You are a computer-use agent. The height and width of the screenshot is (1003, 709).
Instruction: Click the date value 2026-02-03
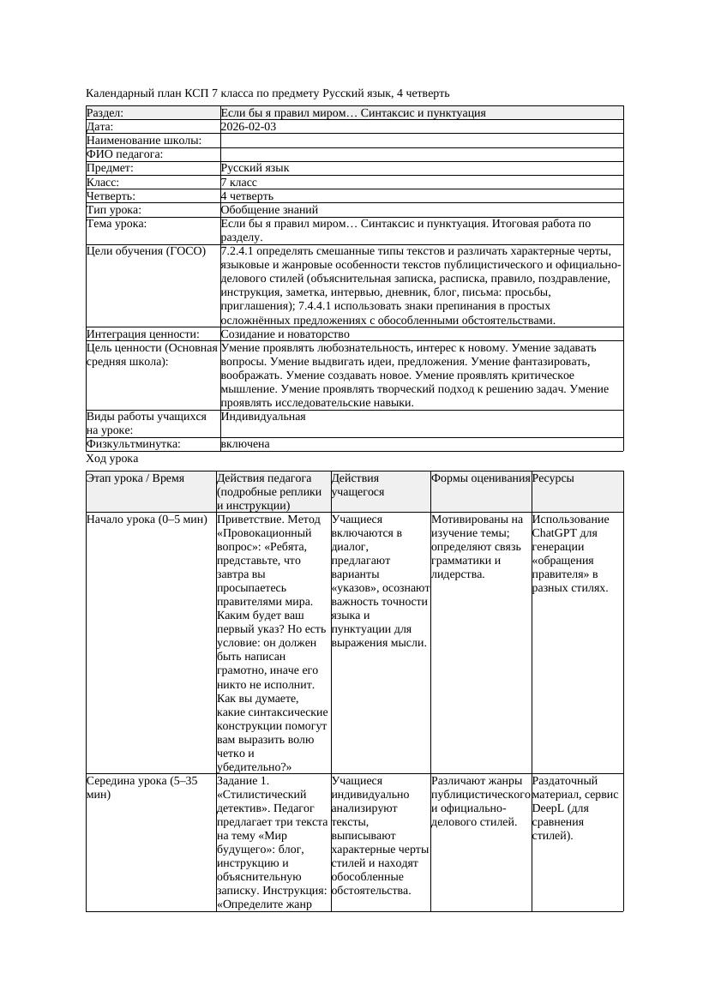click(x=249, y=127)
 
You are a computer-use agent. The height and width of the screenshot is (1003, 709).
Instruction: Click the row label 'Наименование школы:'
click(x=144, y=141)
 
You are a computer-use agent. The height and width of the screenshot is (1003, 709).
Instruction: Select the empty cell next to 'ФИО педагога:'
click(x=420, y=154)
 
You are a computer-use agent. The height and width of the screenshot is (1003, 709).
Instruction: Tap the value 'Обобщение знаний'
click(x=269, y=209)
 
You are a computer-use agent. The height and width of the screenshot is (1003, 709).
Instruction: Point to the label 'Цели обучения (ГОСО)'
click(x=147, y=251)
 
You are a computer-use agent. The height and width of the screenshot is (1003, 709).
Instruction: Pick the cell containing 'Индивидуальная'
click(x=263, y=417)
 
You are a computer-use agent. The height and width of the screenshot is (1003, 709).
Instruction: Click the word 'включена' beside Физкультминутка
click(x=245, y=444)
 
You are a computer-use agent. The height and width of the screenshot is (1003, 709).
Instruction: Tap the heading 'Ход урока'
click(x=112, y=459)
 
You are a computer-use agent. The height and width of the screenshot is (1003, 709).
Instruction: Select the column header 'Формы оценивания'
click(x=480, y=478)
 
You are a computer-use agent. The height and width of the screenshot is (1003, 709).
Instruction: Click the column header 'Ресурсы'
click(x=553, y=478)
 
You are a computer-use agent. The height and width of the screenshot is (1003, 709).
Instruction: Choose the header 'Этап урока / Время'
click(x=135, y=478)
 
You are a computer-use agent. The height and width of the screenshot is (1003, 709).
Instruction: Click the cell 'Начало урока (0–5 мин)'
click(x=147, y=520)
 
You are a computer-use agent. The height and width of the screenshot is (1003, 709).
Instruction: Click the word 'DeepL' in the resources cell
click(x=549, y=808)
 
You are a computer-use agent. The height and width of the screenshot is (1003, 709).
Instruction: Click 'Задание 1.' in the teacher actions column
click(x=243, y=781)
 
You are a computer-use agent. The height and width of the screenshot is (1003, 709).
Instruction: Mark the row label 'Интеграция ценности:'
click(x=142, y=333)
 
